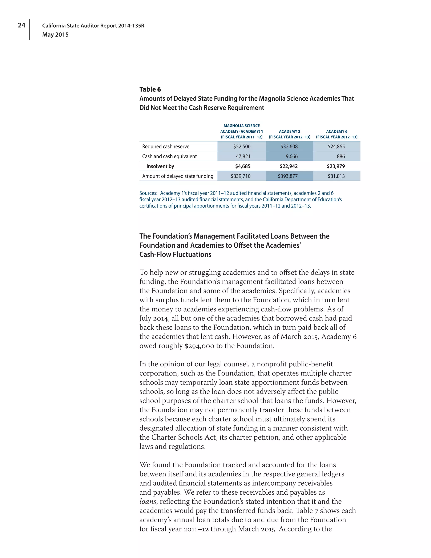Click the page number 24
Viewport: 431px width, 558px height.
(21, 25)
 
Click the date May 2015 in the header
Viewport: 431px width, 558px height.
(55, 35)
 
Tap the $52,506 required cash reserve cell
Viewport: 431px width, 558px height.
(242, 146)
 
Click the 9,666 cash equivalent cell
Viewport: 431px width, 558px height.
(292, 156)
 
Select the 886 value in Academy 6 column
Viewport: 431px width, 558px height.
(341, 156)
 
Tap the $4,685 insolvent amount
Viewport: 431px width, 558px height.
(243, 166)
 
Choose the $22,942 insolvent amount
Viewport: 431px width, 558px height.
(289, 166)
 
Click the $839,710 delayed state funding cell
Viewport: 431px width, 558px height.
(240, 176)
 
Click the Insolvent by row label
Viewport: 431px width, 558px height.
(160, 166)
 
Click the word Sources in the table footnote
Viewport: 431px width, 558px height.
(148, 193)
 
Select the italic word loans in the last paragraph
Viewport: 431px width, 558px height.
(148, 501)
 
